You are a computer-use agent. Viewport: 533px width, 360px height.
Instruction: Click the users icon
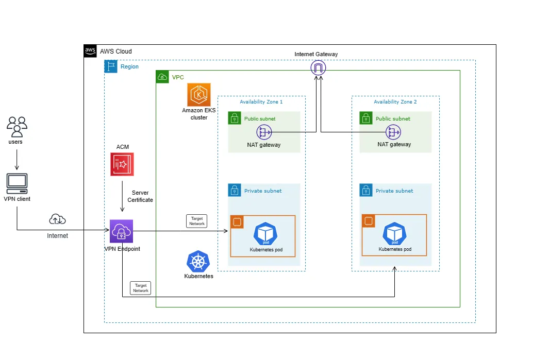(16, 126)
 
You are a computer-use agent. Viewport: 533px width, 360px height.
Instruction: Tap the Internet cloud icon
(57, 220)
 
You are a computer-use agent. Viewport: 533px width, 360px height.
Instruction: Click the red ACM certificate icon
(122, 164)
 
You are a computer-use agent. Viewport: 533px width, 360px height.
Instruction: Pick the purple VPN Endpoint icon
(121, 231)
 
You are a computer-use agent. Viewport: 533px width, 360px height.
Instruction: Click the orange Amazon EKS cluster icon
(199, 95)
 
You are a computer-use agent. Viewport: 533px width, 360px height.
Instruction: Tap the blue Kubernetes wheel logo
(198, 262)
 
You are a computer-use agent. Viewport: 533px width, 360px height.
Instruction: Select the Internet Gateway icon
(318, 68)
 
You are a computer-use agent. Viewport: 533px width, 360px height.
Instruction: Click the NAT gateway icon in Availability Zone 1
(263, 132)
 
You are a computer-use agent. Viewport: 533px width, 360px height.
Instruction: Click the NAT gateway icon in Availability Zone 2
(394, 132)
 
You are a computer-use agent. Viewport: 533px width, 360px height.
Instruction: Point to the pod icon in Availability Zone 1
(265, 234)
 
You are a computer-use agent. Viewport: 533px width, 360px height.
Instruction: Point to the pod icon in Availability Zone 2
(395, 234)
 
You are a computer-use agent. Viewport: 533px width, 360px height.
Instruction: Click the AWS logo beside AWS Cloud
(90, 51)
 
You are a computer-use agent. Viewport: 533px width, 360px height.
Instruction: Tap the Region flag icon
(111, 66)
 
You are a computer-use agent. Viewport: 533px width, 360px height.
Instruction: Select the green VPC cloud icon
(162, 77)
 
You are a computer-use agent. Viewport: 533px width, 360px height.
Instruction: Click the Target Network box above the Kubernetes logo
(197, 221)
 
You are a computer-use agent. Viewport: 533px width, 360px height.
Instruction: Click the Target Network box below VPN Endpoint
(141, 288)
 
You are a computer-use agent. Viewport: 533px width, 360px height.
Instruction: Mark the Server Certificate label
(140, 196)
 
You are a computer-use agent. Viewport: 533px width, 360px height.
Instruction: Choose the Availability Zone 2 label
(395, 102)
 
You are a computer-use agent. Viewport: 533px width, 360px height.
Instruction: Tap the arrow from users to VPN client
(16, 160)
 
